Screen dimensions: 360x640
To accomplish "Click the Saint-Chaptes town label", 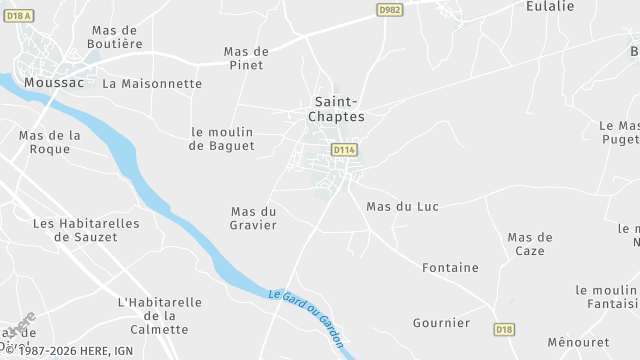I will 339,109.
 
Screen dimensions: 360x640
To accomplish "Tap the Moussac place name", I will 54,83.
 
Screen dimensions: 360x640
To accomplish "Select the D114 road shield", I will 344,150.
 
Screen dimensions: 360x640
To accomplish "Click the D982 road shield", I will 391,10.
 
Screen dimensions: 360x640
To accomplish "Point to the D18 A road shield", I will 19,14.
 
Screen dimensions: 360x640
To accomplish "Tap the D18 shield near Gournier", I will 504,328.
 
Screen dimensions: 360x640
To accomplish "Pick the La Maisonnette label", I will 152,83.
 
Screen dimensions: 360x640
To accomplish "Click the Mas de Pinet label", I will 246,58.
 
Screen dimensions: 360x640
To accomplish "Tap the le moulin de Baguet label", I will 222,139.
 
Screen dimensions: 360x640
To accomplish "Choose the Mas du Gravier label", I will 253,218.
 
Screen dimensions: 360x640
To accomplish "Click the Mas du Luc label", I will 403,206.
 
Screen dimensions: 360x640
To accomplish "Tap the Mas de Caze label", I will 530,244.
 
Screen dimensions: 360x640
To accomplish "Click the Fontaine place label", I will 450,268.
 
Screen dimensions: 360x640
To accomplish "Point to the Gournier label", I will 441,323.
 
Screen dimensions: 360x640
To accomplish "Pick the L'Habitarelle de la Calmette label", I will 160,316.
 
